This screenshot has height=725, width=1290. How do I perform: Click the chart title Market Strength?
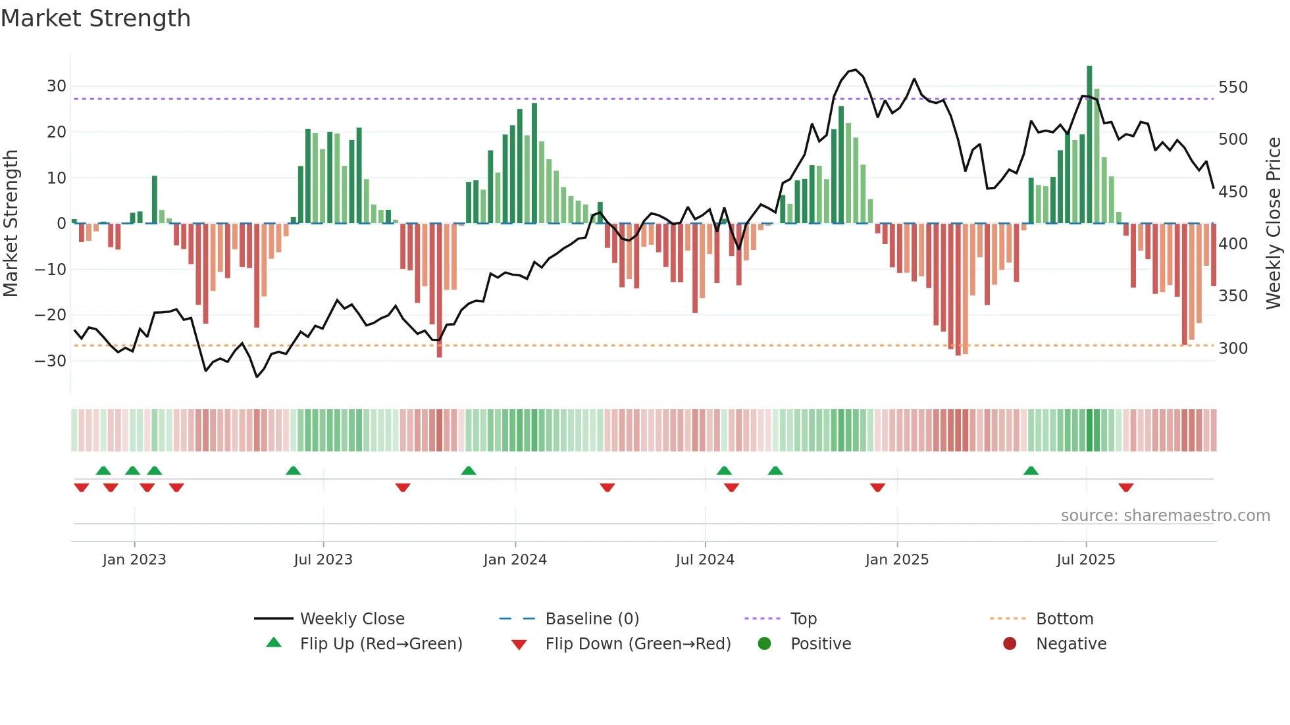click(95, 18)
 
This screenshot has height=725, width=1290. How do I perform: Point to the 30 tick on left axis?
click(57, 86)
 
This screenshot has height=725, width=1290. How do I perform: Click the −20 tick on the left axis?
click(51, 315)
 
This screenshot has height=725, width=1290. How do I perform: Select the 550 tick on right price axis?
click(1233, 87)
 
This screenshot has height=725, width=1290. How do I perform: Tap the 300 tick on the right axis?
click(1233, 349)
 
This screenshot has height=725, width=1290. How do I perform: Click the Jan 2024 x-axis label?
click(515, 560)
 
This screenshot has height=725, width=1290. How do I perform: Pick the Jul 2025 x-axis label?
click(1085, 560)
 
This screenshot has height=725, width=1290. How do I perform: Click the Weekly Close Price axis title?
click(1274, 224)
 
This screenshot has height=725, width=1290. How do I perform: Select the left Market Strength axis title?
click(11, 224)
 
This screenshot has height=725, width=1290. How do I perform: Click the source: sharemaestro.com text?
click(1165, 516)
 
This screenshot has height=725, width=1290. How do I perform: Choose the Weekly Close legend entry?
click(352, 619)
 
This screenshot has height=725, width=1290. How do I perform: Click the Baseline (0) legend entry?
click(592, 619)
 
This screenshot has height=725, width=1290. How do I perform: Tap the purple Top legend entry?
click(803, 619)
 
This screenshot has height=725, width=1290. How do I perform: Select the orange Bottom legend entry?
click(1064, 619)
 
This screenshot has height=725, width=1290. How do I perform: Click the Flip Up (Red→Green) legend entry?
click(381, 644)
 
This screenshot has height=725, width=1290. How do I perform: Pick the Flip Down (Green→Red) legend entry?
click(638, 644)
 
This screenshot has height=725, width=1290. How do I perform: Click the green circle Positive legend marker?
click(764, 644)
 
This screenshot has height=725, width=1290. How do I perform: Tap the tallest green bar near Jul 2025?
click(1089, 145)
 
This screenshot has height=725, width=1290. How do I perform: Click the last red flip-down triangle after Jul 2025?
click(1125, 488)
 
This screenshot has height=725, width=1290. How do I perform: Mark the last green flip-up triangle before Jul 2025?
click(1031, 470)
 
